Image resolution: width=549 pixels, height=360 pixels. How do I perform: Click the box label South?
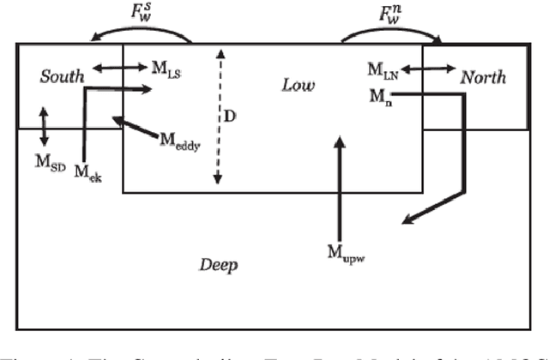[62, 77]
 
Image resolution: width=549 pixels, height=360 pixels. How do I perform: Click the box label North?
[483, 77]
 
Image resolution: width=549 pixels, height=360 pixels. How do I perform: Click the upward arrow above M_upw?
[341, 189]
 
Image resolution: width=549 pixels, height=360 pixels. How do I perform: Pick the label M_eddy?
[179, 142]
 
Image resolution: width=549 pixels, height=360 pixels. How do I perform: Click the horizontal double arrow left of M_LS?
[115, 68]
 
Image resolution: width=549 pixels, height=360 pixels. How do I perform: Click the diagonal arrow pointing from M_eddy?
[134, 129]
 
